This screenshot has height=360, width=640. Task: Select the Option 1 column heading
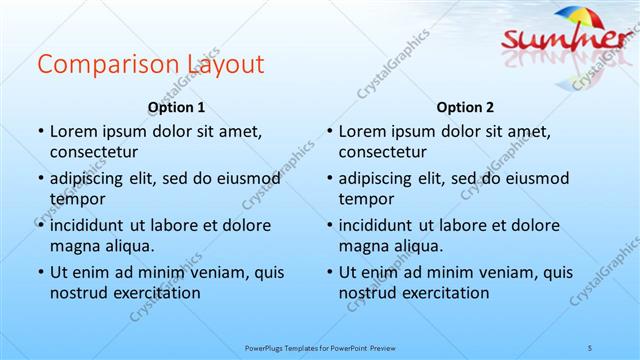pos(176,107)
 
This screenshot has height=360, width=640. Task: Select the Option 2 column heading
pos(465,107)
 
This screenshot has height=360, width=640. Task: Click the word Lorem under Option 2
pos(361,131)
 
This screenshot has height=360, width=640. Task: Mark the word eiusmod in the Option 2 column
pos(540,178)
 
